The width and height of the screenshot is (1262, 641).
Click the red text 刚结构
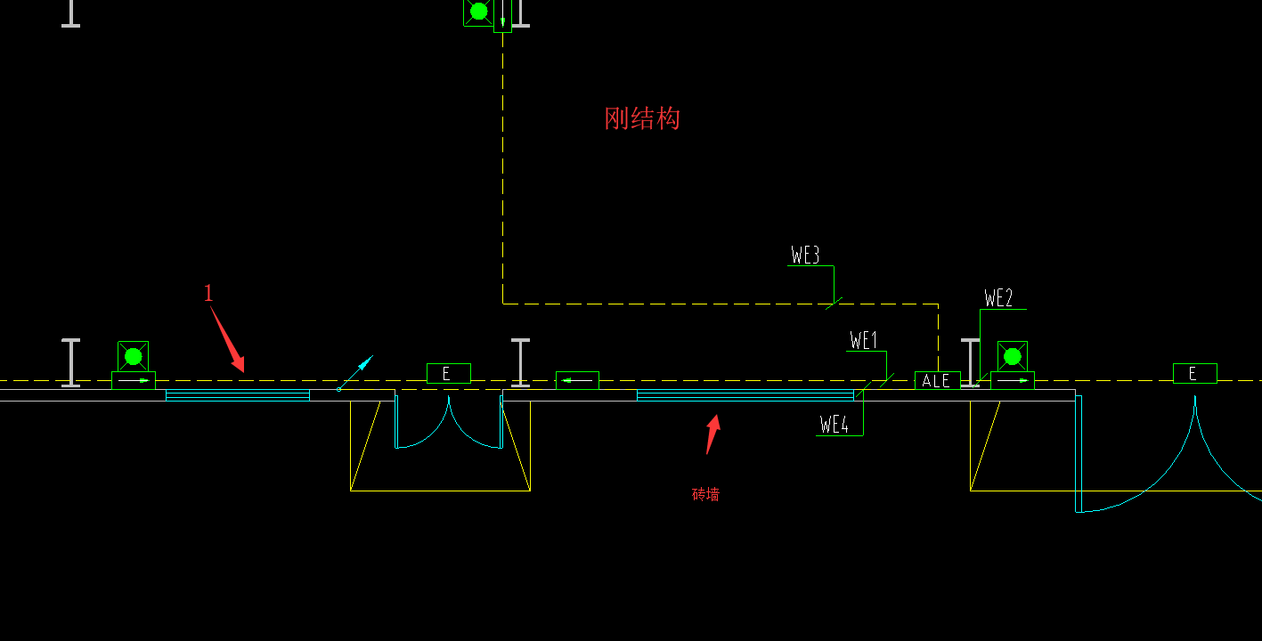642,118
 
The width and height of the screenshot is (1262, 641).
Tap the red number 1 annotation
208,293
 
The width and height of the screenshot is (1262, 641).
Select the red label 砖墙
705,494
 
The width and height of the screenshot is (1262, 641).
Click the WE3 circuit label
805,256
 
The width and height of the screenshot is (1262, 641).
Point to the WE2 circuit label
998,298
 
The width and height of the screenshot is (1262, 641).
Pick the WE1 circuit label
864,340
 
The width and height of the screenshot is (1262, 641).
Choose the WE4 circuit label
834,424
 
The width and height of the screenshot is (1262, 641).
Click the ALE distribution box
938,381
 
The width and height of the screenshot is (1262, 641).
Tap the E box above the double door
449,373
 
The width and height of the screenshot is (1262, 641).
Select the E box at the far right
1195,373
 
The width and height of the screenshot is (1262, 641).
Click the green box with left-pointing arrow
577,381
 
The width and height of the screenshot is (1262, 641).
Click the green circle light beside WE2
1013,356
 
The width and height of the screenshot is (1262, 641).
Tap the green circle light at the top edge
479,12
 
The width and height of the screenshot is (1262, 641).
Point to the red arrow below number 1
228,340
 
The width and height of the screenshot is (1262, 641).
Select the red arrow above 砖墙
713,434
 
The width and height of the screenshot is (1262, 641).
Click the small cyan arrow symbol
355,372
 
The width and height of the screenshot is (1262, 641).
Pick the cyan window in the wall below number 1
238,395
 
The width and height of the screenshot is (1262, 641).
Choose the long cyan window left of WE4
745,395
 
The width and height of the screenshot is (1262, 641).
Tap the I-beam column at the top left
70,13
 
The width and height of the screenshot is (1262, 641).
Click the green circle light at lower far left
133,356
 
